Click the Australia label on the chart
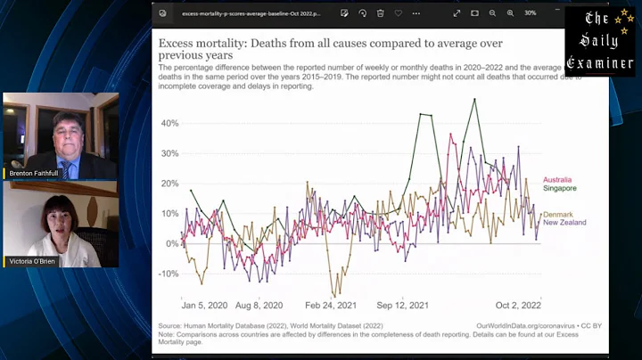tap(557, 180)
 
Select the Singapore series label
tap(559, 188)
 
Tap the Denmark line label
tap(558, 215)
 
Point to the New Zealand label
tap(564, 223)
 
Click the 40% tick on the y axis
tap(169, 123)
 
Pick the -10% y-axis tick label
tap(168, 274)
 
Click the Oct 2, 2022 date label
tap(519, 305)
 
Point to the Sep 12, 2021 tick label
tap(402, 305)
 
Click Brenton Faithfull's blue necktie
tap(65, 168)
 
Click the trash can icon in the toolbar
tap(381, 13)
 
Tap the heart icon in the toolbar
tap(399, 13)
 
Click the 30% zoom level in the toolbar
tap(530, 13)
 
